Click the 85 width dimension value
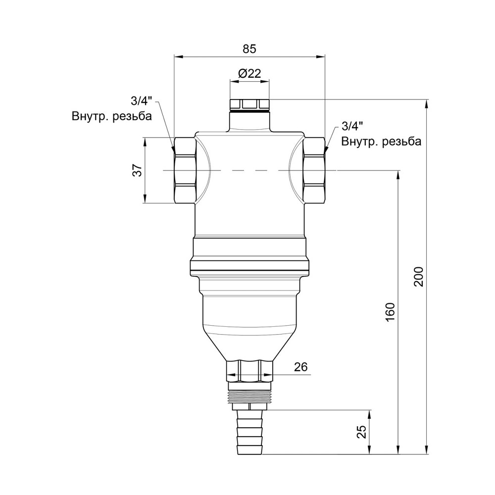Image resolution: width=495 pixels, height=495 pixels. pyautogui.click(x=249, y=49)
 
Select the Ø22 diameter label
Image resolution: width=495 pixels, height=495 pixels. pyautogui.click(x=249, y=74)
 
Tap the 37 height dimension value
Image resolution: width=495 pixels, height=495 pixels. pyautogui.click(x=138, y=170)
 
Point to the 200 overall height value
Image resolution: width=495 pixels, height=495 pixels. pyautogui.click(x=418, y=277)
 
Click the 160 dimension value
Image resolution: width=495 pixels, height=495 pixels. pyautogui.click(x=390, y=312)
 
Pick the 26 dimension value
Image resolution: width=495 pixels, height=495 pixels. pyautogui.click(x=300, y=367)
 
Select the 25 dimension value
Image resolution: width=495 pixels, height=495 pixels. pyautogui.click(x=362, y=432)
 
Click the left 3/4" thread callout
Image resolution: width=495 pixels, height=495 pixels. pyautogui.click(x=141, y=101)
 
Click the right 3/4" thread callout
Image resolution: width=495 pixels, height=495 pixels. pyautogui.click(x=351, y=127)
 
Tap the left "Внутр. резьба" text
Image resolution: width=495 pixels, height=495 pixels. pyautogui.click(x=112, y=116)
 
